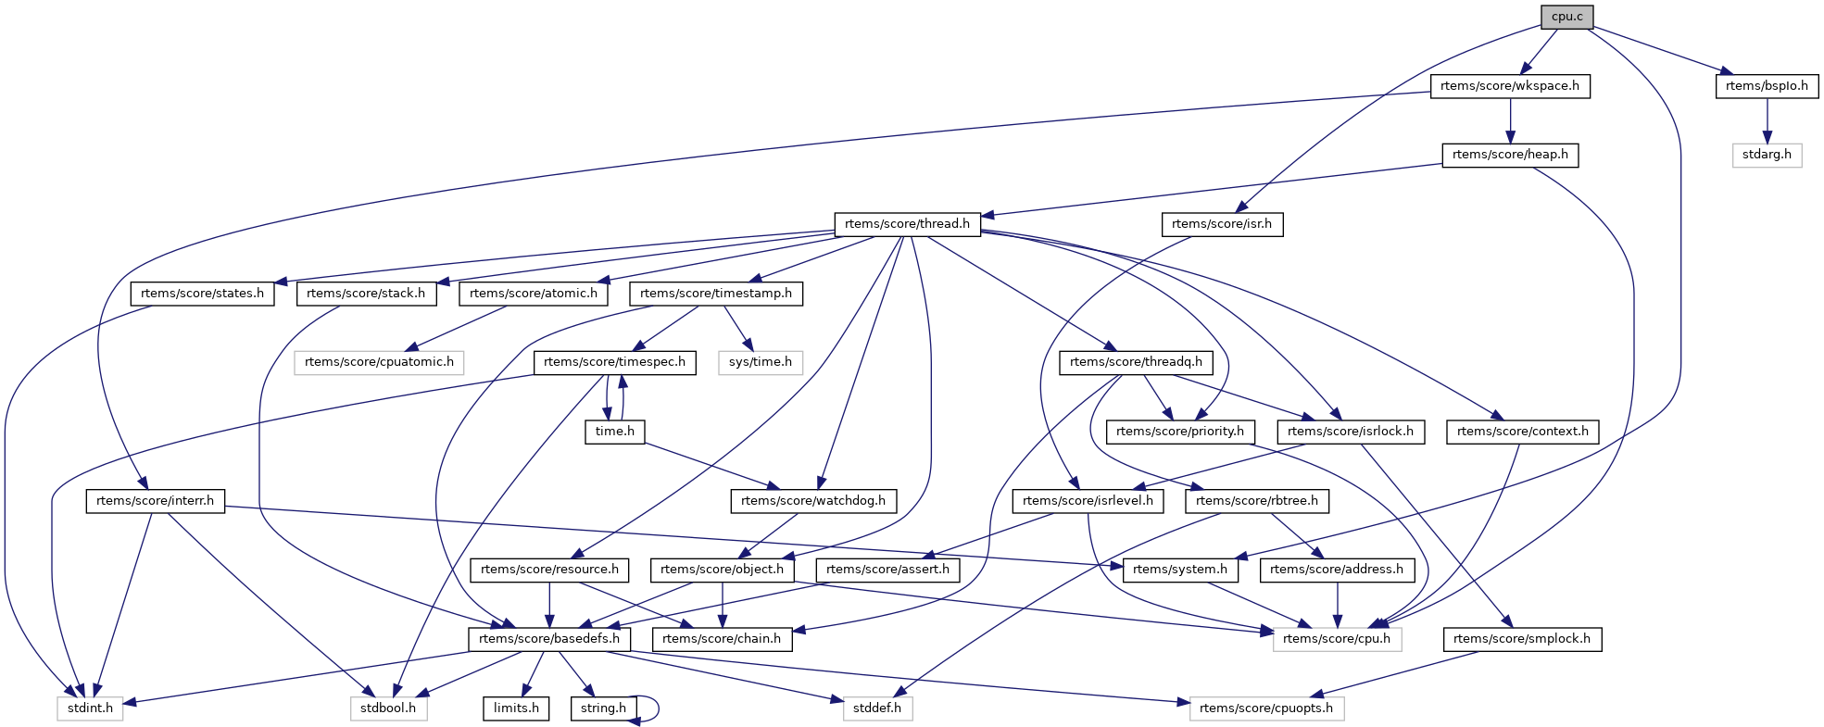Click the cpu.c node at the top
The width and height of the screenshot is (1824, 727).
click(x=1566, y=17)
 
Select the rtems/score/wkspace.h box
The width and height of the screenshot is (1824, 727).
click(x=1510, y=86)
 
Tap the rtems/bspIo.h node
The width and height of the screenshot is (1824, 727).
click(x=1767, y=86)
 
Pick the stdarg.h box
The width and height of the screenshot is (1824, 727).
click(x=1767, y=155)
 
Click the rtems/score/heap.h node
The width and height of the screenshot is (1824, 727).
click(x=1510, y=155)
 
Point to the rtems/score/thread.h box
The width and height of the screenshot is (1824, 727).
click(x=907, y=224)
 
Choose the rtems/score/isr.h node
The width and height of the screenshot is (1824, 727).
click(x=1221, y=224)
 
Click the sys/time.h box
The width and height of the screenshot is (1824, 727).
click(x=760, y=362)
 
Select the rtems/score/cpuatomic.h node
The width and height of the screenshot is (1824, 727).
click(x=379, y=362)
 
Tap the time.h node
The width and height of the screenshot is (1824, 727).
click(x=615, y=432)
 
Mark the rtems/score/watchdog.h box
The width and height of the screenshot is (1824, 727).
click(x=813, y=501)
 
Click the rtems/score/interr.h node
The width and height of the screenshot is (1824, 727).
click(x=155, y=501)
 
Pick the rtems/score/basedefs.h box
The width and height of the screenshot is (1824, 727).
click(x=549, y=639)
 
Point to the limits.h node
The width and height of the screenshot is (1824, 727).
click(x=516, y=708)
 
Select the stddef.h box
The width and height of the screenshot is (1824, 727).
click(x=877, y=708)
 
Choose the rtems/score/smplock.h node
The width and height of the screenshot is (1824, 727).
click(x=1521, y=639)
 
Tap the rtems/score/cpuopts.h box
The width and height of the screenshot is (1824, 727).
click(x=1265, y=708)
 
